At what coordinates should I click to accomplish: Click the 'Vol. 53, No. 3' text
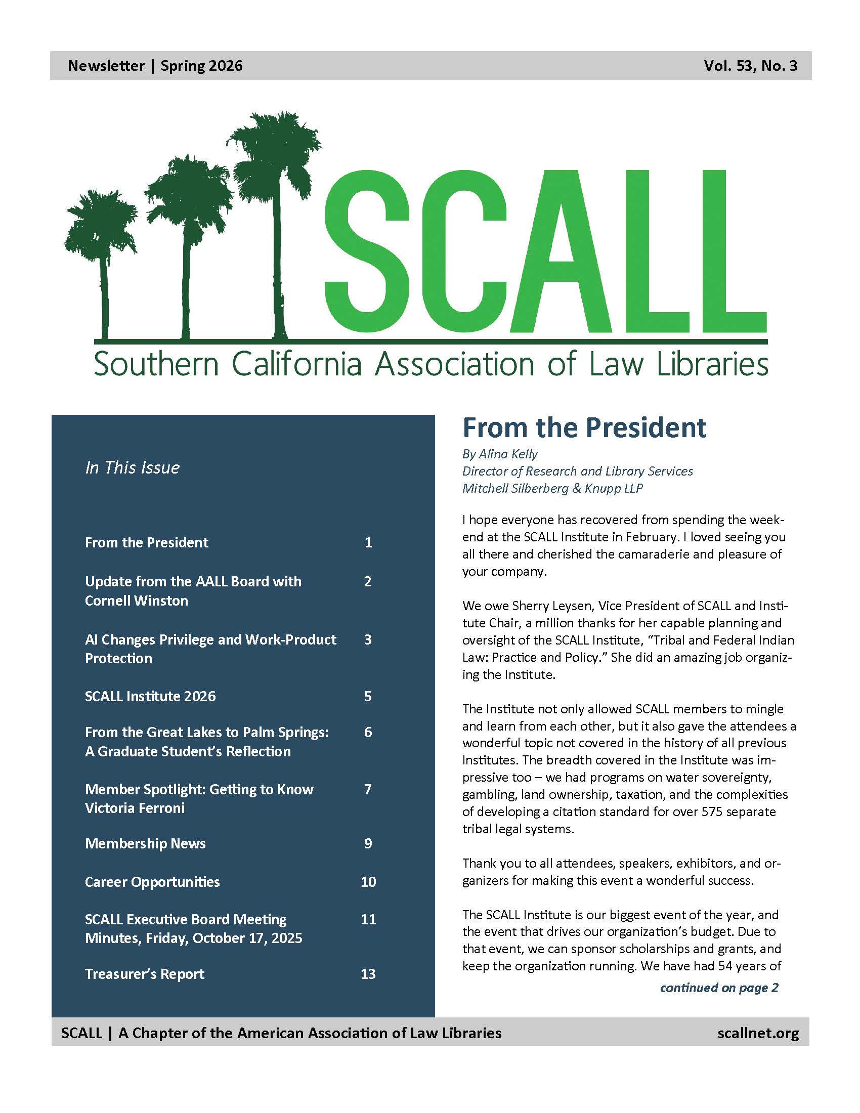pos(750,66)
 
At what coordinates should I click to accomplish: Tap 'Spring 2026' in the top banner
pos(201,66)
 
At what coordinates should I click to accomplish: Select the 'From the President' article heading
pos(584,427)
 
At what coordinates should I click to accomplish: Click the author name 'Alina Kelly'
pos(507,454)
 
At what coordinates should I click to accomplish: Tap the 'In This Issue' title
pos(133,467)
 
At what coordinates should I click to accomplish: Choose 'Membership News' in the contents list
pos(145,843)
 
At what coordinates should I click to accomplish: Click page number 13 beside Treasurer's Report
pos(368,974)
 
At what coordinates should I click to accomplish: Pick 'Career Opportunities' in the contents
pos(152,882)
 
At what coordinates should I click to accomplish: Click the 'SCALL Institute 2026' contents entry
pos(150,696)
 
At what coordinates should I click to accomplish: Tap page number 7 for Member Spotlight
pos(368,789)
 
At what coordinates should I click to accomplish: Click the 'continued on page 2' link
pos(719,988)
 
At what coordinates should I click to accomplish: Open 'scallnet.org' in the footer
pos(758,1033)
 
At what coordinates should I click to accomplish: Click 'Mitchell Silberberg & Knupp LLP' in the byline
pos(552,488)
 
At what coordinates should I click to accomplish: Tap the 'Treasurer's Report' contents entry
pos(145,974)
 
